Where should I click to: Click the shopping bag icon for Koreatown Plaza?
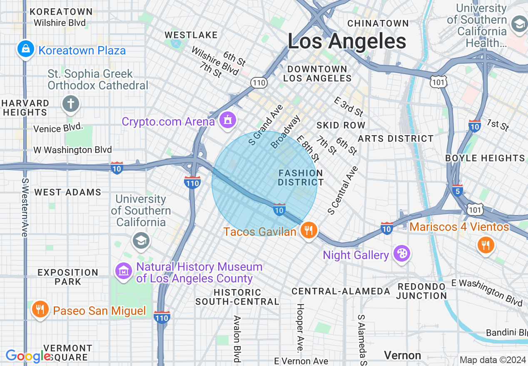point(26,49)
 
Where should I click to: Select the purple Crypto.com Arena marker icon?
point(227,120)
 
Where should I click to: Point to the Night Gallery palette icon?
point(402,254)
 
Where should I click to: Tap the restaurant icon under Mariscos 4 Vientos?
point(486,245)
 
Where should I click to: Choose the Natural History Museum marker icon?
point(124,271)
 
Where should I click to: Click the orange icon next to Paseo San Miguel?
point(40,309)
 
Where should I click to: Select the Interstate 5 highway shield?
point(457,190)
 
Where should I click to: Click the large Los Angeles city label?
point(346,42)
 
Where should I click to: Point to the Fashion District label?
point(301,178)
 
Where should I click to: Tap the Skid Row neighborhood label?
point(341,125)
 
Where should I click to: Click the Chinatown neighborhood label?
point(378,23)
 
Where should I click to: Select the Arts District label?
point(396,138)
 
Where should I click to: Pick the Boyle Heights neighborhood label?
point(485,158)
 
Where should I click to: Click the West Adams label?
point(67,192)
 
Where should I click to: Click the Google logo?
point(28,356)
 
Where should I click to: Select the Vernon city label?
point(402,355)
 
